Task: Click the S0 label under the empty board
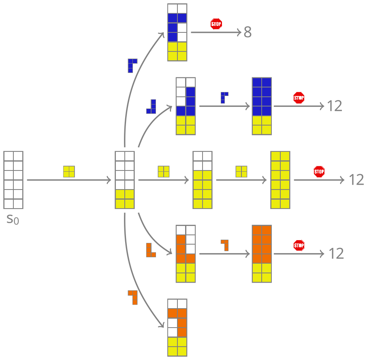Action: pos(13,219)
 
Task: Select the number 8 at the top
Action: pos(248,32)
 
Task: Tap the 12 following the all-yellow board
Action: pos(356,180)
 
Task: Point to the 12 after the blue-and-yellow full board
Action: pos(335,106)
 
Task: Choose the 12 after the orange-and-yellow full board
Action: pos(336,253)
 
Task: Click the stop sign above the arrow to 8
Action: pos(216,24)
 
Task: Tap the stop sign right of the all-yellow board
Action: pos(319,172)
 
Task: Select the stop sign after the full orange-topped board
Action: pos(299,245)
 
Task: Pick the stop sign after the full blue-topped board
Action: pos(299,98)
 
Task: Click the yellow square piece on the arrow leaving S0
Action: pos(69,172)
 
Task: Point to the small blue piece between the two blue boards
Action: pos(224,98)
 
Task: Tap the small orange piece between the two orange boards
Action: pos(225,245)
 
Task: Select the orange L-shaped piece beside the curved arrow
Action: pos(151,250)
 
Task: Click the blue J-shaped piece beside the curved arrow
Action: pos(151,106)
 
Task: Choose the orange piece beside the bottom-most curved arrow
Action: pos(133,297)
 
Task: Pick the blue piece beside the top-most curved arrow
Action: pos(132,65)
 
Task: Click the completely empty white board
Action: pos(13,180)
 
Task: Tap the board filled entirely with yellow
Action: pos(280,180)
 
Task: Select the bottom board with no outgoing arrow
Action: pos(177,328)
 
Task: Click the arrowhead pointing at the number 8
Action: pos(239,32)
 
